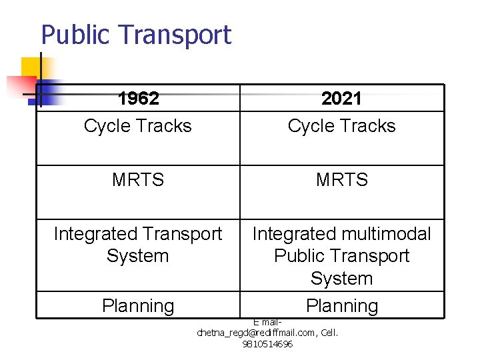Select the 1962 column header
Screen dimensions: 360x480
(x=138, y=99)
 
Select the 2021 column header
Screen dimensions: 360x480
(x=341, y=99)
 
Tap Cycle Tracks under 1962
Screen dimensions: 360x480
(x=138, y=126)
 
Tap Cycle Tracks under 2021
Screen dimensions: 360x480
(x=341, y=126)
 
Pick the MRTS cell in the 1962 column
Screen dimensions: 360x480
(x=138, y=180)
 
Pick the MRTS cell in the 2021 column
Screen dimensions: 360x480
(x=341, y=180)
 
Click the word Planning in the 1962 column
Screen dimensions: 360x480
(x=138, y=306)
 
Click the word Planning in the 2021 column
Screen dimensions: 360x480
(x=341, y=306)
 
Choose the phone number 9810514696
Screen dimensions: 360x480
(x=267, y=344)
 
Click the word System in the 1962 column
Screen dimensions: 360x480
(x=138, y=256)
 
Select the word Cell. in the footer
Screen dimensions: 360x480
(x=328, y=332)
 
